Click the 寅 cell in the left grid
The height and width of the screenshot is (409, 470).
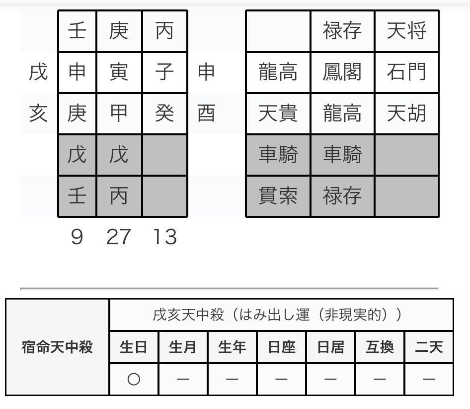pos(119,72)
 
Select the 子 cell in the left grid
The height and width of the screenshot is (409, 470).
pos(164,72)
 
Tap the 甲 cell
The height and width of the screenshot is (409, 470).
pos(119,113)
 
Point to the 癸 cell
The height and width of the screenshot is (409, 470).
pos(164,113)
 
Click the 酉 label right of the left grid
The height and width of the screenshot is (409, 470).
pos(206,113)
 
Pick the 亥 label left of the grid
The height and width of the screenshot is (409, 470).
pos(38,113)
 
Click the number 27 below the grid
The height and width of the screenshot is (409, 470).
pos(119,237)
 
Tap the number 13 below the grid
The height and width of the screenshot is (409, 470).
pos(165,237)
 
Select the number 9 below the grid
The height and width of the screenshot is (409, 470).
pos(77,237)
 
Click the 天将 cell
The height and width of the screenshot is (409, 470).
pos(407,31)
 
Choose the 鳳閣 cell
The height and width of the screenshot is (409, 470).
pos(342,72)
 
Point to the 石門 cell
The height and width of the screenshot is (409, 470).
pos(407,72)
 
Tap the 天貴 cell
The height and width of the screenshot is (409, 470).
pos(278,113)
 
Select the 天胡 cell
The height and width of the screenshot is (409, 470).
pos(407,113)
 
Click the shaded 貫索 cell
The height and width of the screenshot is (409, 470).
pos(278,196)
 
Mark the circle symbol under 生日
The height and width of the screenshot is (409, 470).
pos(134,379)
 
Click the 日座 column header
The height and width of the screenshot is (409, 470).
pos(282,347)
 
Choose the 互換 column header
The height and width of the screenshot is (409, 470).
pos(380,347)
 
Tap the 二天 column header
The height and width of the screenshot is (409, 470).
pos(429,347)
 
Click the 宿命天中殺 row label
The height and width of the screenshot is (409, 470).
pos(57,347)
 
